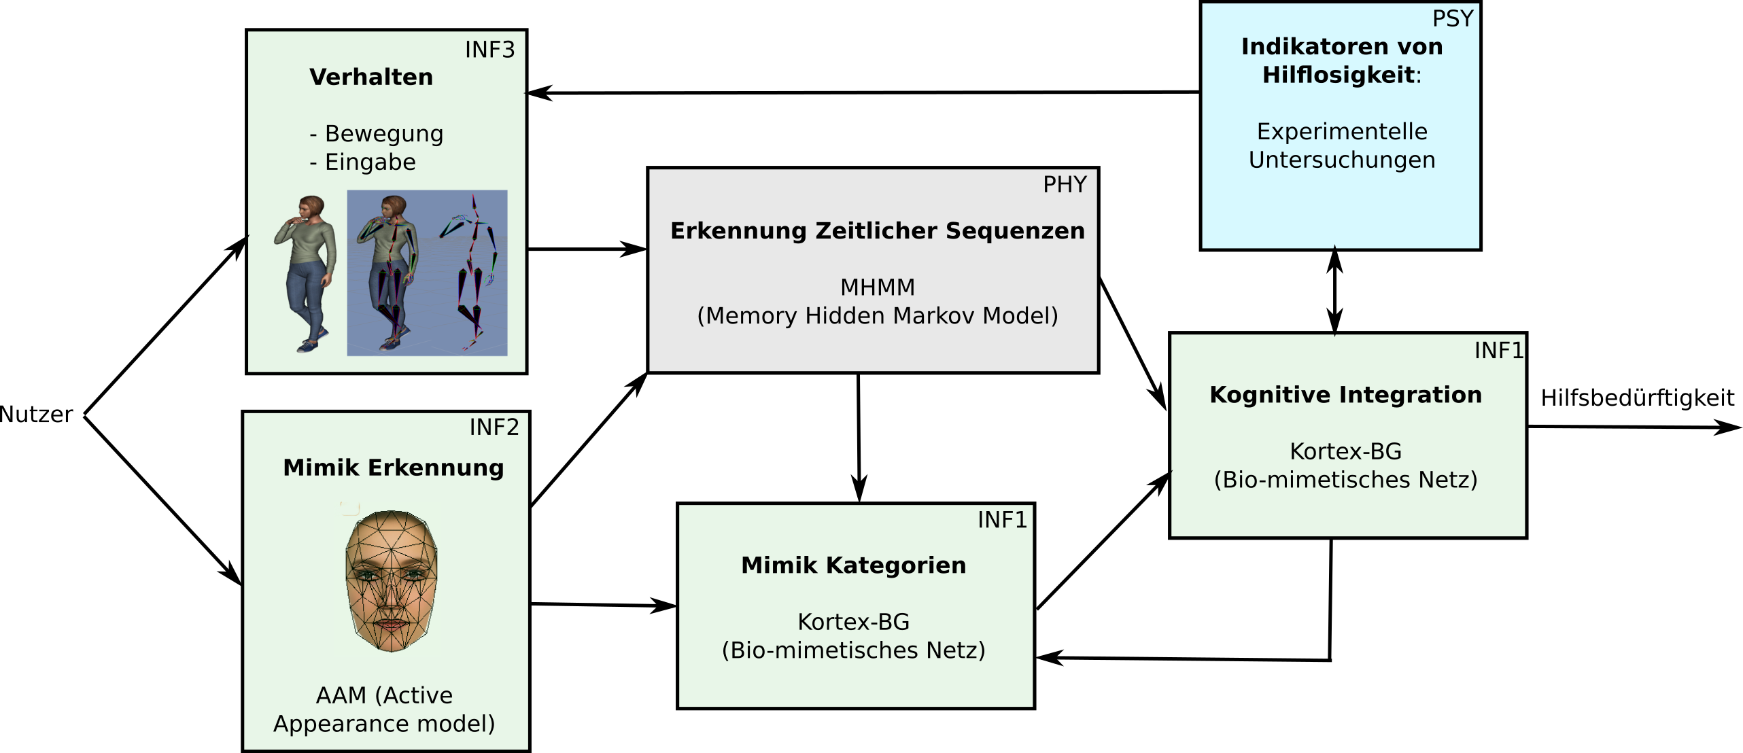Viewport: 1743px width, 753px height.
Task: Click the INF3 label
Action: tap(489, 50)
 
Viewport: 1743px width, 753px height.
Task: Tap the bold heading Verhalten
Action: tap(371, 77)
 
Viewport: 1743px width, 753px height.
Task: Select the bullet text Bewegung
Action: tap(383, 134)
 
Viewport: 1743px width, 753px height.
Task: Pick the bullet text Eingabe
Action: tap(370, 162)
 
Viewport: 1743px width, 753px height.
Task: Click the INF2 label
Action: tap(494, 427)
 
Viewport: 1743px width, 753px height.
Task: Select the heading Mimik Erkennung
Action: tap(393, 468)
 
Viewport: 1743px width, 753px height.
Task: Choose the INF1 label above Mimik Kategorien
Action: tap(1002, 521)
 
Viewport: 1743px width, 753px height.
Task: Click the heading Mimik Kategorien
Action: tap(853, 565)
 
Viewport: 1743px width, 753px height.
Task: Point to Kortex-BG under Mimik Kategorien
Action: tap(853, 623)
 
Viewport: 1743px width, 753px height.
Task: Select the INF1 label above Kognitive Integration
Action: tap(1498, 351)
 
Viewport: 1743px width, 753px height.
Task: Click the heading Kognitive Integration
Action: tap(1345, 395)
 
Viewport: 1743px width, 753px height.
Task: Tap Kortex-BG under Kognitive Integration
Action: tap(1345, 452)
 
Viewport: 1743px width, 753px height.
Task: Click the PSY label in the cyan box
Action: tap(1453, 19)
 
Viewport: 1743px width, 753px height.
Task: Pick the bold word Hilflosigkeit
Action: tap(1338, 75)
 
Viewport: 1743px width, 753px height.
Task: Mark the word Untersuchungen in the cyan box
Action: tap(1341, 160)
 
